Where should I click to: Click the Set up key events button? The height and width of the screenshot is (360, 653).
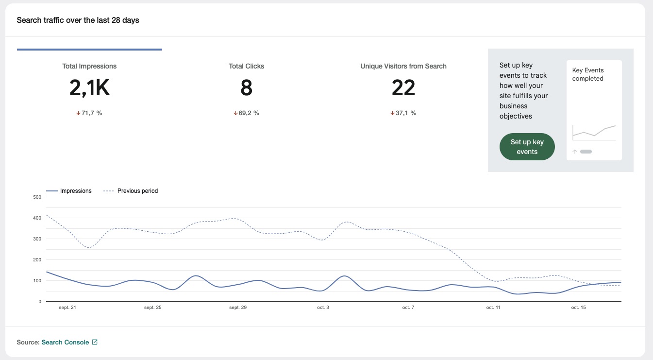(x=527, y=147)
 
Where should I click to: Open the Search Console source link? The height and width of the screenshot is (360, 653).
(x=65, y=343)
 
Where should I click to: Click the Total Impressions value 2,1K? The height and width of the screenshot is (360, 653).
(x=89, y=88)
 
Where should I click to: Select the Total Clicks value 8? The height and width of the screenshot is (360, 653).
(x=246, y=88)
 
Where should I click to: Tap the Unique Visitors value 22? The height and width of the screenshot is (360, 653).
(x=403, y=88)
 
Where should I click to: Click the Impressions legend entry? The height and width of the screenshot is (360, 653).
(x=75, y=191)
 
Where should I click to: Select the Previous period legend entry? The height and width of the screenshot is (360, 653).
(x=137, y=191)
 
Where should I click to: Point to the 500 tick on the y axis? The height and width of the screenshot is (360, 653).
(x=37, y=197)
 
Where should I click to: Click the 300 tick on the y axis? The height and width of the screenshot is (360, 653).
(x=37, y=239)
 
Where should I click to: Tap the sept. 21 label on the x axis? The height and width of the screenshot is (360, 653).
(x=67, y=308)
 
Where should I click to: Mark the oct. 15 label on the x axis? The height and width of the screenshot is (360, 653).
(x=578, y=308)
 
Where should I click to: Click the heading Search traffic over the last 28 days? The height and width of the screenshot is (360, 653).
(x=78, y=20)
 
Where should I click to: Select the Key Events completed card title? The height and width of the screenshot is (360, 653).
(x=587, y=74)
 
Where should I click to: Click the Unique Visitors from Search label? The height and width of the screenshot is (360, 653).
(x=403, y=66)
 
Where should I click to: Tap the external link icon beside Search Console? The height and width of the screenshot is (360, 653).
(x=95, y=343)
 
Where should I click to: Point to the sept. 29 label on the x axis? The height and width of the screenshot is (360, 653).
(x=237, y=308)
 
